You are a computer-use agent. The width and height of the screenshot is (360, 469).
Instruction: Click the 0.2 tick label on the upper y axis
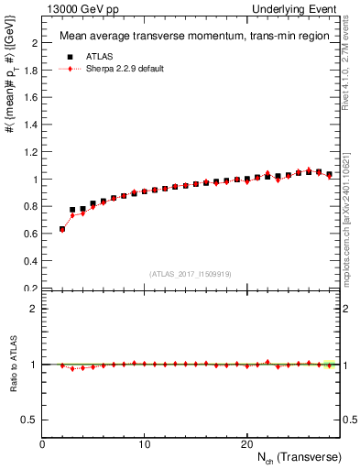point(29,289)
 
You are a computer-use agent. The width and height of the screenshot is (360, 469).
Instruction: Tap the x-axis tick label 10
point(145,444)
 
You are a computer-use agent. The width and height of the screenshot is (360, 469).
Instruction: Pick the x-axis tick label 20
point(246,444)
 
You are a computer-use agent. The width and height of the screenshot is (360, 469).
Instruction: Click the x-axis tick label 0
point(43,444)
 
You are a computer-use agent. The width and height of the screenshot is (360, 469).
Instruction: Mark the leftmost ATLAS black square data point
point(62,229)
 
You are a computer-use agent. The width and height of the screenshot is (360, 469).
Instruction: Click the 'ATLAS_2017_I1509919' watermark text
point(190,273)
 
